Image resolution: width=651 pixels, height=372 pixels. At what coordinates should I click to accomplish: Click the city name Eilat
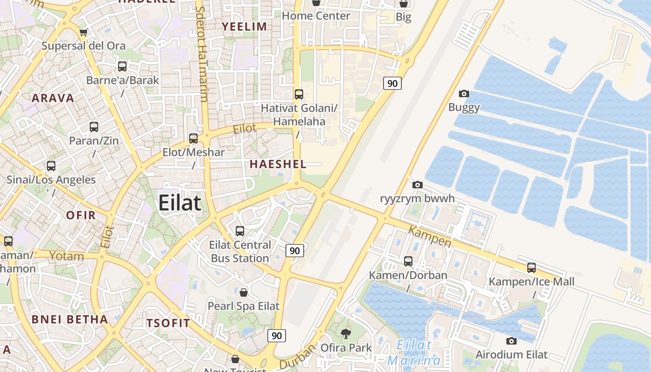(x=179, y=203)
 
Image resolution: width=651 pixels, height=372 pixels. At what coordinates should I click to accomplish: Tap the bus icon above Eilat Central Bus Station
(x=240, y=231)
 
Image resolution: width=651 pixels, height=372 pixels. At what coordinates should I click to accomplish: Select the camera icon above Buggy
(x=464, y=94)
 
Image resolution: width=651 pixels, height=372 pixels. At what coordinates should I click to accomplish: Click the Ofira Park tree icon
(x=345, y=333)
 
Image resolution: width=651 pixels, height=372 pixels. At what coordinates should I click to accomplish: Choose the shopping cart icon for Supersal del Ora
(x=83, y=32)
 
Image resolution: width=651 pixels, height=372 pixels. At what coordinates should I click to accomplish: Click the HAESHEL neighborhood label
(x=278, y=164)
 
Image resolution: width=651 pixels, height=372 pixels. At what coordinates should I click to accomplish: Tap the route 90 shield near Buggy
(x=392, y=83)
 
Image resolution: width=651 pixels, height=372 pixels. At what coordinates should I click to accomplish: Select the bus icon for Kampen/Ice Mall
(x=531, y=268)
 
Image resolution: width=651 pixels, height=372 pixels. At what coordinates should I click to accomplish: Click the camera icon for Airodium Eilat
(x=511, y=341)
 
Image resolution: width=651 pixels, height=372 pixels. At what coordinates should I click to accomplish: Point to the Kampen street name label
(x=430, y=236)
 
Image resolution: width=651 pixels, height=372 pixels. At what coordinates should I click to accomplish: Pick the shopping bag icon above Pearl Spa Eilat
(x=243, y=292)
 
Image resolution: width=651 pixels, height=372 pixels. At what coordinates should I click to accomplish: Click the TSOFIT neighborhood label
(x=168, y=323)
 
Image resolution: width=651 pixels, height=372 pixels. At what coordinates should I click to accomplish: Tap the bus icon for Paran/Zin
(x=94, y=126)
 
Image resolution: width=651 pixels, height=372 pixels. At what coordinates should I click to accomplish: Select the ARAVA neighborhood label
(x=53, y=98)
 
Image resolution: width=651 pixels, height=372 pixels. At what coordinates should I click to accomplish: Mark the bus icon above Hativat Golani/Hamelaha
(x=299, y=94)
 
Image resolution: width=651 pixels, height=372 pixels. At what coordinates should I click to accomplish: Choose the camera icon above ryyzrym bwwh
(x=418, y=185)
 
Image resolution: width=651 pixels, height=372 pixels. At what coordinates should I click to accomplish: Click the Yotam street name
(x=66, y=256)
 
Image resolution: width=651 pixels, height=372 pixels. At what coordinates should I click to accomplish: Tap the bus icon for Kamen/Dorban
(x=408, y=261)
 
